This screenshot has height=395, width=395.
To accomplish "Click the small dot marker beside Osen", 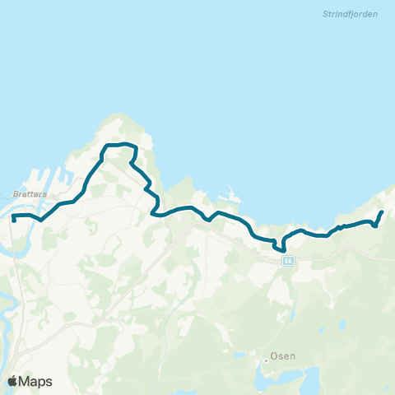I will point(267,358).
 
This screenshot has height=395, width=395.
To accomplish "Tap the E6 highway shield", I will point(287,260).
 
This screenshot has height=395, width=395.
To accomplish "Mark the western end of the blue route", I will point(14,220).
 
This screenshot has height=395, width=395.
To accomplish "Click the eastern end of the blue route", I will point(382,213).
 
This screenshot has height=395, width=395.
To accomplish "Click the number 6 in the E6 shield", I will point(290,260).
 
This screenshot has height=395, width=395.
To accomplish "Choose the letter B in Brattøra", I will point(16,194).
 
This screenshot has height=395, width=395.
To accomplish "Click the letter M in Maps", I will point(26,381).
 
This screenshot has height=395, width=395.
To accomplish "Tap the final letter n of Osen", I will point(293,357).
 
